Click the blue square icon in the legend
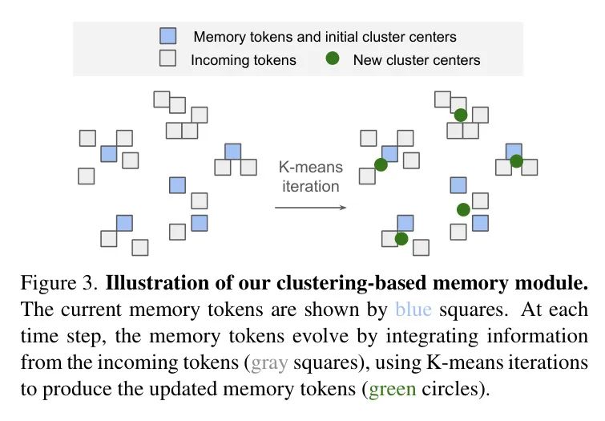coord(167,36)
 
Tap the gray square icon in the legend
coord(167,59)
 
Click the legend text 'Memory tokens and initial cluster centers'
coord(325,36)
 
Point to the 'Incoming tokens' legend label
coord(243,60)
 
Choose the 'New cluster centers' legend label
coord(417,60)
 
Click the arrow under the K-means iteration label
coord(310,208)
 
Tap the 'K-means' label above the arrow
coord(310,168)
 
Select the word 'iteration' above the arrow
coord(310,186)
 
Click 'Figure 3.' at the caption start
coord(59,285)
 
